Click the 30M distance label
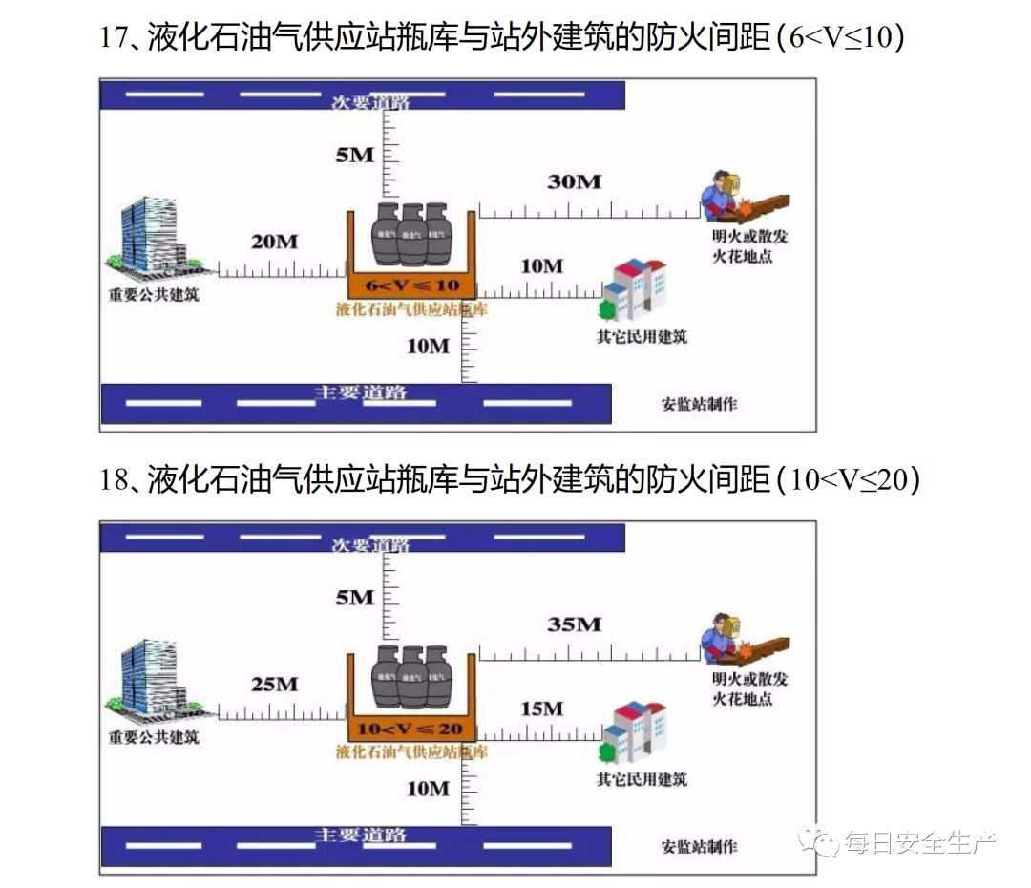(x=574, y=180)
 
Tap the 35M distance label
(x=574, y=624)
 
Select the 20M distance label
(x=274, y=242)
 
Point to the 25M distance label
(x=274, y=684)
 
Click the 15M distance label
(x=541, y=708)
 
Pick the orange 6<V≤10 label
(x=410, y=285)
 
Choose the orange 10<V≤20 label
(x=410, y=729)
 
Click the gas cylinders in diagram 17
(x=411, y=234)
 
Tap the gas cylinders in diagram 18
(x=411, y=676)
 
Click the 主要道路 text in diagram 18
(x=361, y=835)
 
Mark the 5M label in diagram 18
(x=354, y=598)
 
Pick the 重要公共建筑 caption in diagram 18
(x=154, y=737)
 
